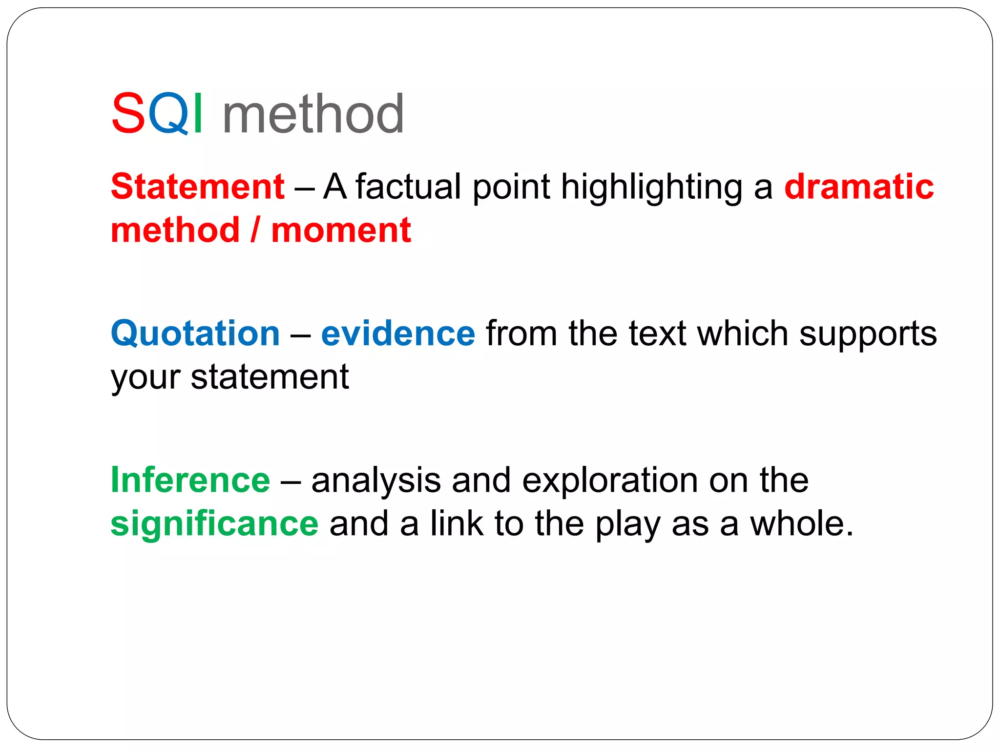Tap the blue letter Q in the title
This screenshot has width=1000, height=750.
(168, 114)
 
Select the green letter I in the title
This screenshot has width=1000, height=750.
(198, 114)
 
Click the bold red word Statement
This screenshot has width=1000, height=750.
(198, 187)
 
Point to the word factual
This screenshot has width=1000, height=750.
(408, 187)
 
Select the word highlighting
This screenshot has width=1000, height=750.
(652, 187)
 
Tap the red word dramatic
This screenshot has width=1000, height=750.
(859, 187)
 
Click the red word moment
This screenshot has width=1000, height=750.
(341, 230)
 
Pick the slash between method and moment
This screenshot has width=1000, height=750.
(254, 230)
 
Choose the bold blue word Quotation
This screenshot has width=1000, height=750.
(195, 333)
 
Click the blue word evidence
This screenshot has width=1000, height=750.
(398, 333)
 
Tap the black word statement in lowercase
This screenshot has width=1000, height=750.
(270, 377)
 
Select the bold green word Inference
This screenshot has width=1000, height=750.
(190, 480)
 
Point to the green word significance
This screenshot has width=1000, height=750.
(214, 524)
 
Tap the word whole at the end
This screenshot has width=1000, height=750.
(801, 523)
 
